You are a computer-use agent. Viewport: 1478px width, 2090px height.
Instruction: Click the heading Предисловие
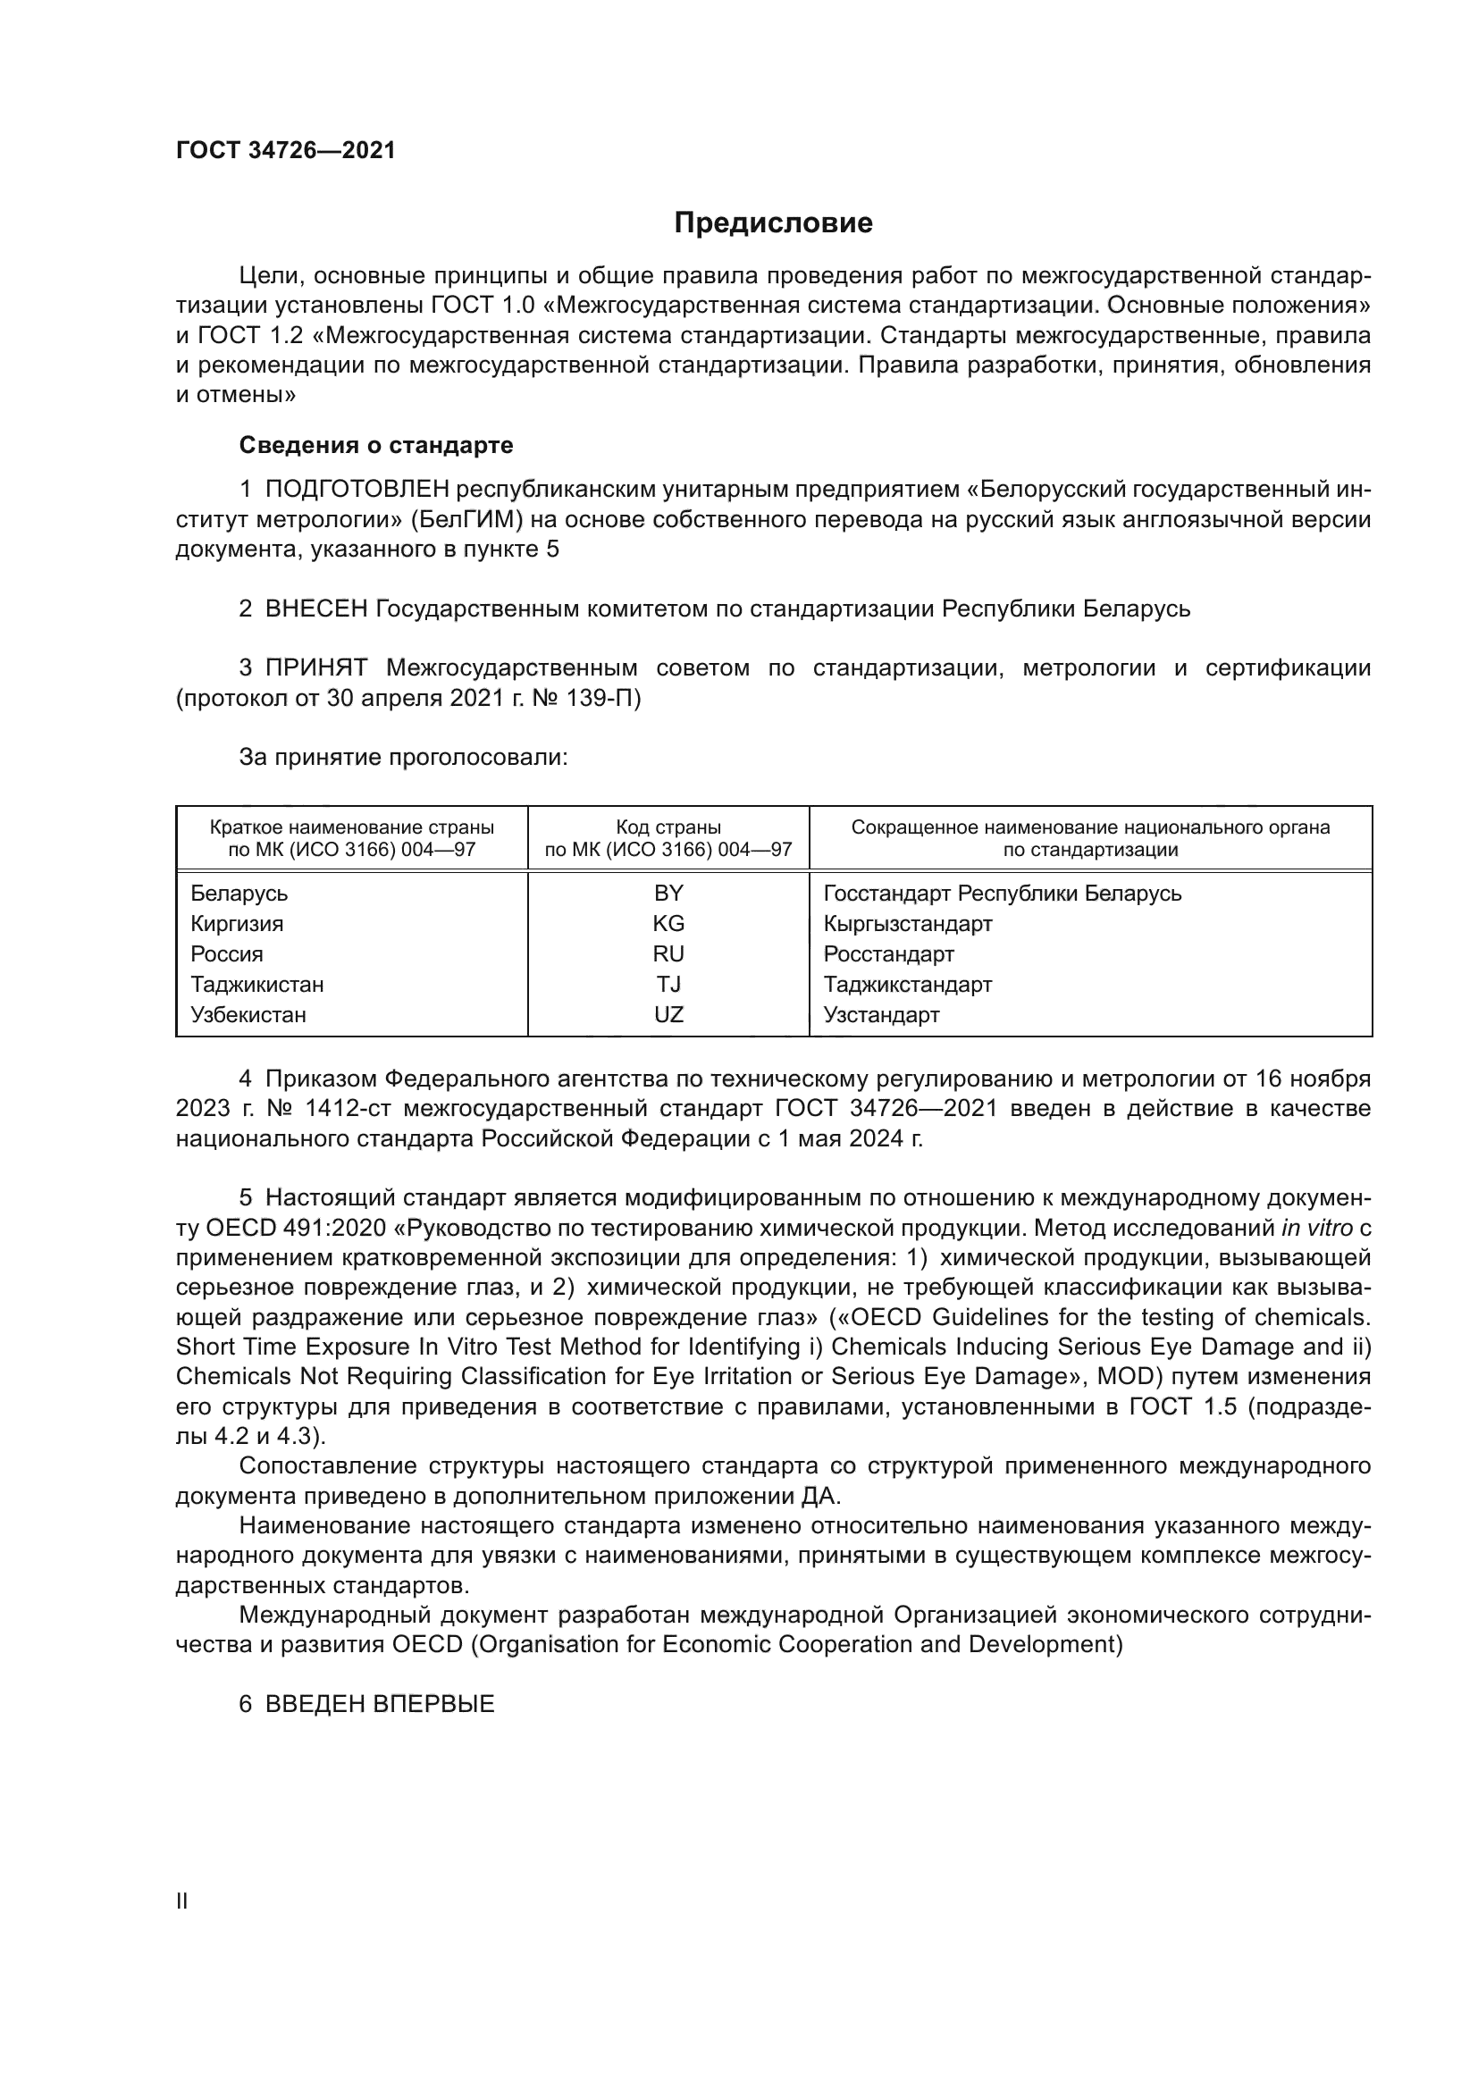[773, 223]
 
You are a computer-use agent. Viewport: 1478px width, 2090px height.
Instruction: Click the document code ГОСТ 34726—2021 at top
[286, 151]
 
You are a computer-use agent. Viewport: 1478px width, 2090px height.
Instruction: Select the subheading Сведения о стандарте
[376, 445]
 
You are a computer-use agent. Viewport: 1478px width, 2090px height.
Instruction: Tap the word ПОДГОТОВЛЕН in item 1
[357, 490]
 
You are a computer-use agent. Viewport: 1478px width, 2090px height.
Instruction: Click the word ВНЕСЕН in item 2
[315, 609]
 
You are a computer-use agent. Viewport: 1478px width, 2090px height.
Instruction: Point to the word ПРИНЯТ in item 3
[315, 668]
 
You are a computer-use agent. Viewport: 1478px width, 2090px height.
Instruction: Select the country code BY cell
[668, 893]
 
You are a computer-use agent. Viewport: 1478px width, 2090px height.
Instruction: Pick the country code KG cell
[668, 923]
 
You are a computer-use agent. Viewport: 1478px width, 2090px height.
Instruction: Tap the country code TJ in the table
[668, 984]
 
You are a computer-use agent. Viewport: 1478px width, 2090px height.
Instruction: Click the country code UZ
[668, 1014]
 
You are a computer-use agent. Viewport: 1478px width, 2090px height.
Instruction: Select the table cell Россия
[227, 954]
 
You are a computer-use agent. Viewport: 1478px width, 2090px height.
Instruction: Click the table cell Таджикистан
[256, 984]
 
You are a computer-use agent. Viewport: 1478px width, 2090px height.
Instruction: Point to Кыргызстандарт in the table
[907, 923]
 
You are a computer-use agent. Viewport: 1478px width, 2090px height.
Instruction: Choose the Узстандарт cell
[881, 1014]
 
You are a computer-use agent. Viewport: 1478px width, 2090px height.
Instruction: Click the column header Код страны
[668, 827]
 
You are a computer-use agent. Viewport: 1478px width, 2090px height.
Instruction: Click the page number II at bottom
[182, 1901]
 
